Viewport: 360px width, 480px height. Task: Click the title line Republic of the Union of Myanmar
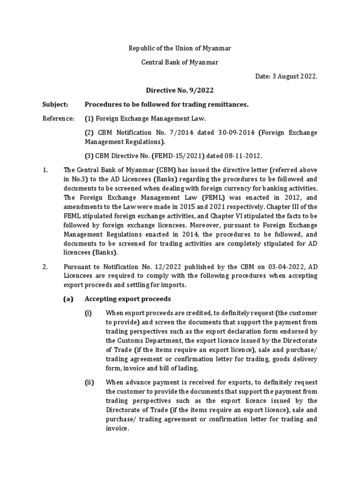[x=180, y=48]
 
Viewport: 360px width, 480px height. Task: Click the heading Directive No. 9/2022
[x=180, y=90]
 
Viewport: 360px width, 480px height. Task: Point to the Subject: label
[x=56, y=105]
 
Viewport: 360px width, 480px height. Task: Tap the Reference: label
[x=59, y=119]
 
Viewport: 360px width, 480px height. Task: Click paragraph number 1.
[x=45, y=170]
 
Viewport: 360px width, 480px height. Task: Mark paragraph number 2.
[x=45, y=267]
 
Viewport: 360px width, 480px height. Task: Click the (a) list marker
[x=68, y=299]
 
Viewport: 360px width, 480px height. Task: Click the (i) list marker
[x=88, y=313]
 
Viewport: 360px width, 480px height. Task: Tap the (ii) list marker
[x=89, y=382]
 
